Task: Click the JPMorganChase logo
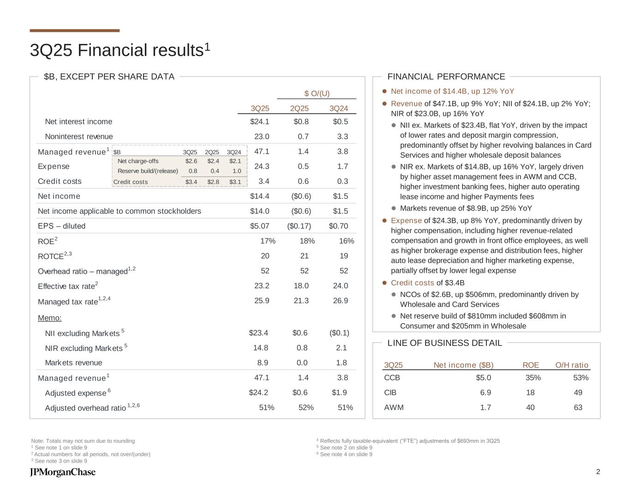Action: click(63, 472)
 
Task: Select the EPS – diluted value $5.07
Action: click(259, 226)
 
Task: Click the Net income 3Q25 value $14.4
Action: click(259, 196)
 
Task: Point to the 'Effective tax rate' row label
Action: click(66, 286)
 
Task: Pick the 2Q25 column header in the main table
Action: click(299, 108)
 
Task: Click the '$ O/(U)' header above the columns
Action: click(317, 94)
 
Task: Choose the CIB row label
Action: click(390, 393)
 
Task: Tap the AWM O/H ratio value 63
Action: click(578, 408)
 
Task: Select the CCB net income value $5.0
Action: click(483, 378)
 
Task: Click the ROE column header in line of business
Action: click(530, 365)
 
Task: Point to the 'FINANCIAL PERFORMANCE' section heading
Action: click(446, 77)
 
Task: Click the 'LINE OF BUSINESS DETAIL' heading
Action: click(444, 343)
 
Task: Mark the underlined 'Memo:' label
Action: click(49, 318)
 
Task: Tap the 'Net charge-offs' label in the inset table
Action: click(138, 161)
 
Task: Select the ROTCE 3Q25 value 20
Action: click(265, 256)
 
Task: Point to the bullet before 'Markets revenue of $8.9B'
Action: click(394, 208)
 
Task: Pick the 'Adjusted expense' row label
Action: click(76, 393)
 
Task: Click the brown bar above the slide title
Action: click(74, 30)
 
